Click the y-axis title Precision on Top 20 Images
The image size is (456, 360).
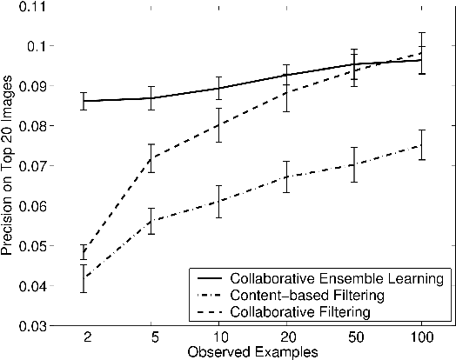point(8,164)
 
